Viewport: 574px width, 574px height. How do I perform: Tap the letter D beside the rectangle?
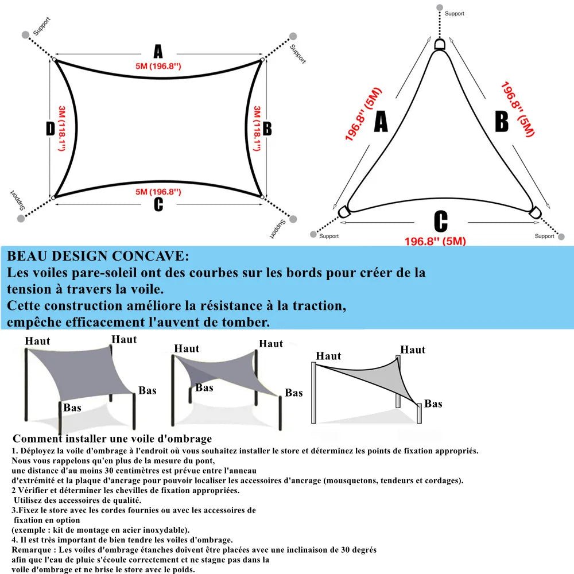(50, 129)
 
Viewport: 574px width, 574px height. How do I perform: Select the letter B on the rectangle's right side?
(267, 129)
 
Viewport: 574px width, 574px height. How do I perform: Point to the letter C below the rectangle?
(158, 204)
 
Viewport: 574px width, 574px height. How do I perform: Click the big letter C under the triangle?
(440, 222)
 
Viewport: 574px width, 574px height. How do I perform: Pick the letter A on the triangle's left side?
(381, 122)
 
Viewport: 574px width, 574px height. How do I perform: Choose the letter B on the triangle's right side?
(502, 122)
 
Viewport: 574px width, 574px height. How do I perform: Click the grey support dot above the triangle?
(440, 7)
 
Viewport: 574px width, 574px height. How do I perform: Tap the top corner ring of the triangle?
(440, 44)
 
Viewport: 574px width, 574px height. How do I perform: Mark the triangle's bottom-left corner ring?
(344, 212)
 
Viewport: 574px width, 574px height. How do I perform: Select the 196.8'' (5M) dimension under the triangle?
(435, 241)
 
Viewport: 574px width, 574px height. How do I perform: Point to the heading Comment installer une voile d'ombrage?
(112, 439)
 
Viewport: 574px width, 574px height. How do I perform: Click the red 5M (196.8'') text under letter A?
(158, 67)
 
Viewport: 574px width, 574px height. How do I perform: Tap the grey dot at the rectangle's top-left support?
(25, 34)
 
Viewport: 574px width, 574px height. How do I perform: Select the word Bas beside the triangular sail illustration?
(433, 404)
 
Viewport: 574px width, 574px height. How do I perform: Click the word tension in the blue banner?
(29, 289)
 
